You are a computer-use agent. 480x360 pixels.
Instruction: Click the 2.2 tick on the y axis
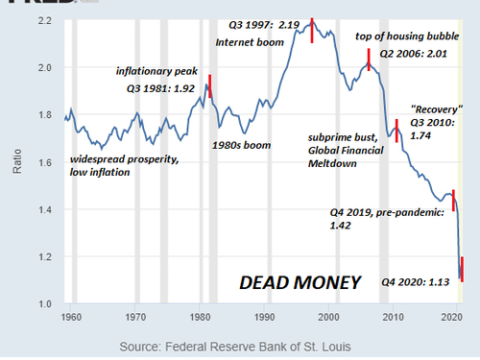(x=45, y=20)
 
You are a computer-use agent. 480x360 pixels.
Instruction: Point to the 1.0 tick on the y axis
(x=45, y=304)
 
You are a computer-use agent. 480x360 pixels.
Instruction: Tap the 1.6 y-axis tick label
(x=45, y=162)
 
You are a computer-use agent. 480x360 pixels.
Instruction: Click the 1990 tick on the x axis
(x=263, y=316)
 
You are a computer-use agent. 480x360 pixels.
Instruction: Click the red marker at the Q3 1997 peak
(x=312, y=30)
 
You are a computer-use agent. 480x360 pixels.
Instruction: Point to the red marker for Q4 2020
(x=462, y=268)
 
